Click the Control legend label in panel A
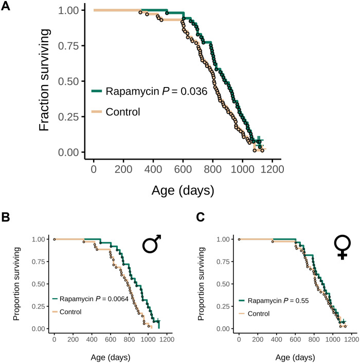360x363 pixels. tap(123, 111)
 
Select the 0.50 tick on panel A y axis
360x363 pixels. tap(71, 81)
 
